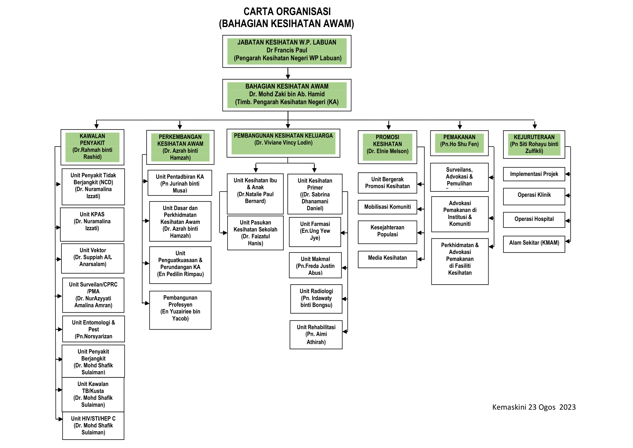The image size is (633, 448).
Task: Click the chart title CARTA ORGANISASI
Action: pos(287,12)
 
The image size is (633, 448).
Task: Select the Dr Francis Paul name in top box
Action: pos(287,50)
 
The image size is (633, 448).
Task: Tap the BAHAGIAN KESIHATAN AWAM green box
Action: pos(287,94)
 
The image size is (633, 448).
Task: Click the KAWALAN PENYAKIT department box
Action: pos(92,147)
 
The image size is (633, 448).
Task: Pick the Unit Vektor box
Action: pos(93,258)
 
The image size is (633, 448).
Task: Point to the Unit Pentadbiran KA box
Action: pos(180,183)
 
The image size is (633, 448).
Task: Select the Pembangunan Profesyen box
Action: pos(180,310)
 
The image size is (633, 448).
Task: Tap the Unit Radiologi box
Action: pos(316,298)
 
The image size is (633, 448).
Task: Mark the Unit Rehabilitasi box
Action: pos(316,334)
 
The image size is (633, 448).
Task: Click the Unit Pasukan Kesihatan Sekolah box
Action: pos(255,233)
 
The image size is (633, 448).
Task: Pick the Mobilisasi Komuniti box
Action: pos(387,207)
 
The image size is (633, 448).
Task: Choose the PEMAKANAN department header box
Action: pos(459,143)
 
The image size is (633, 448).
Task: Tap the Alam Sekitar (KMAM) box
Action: pos(534,244)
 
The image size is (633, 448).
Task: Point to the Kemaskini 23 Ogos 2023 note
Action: pos(534,407)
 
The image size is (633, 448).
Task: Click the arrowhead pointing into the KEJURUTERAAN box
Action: pos(534,126)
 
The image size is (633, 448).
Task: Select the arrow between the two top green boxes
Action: pos(288,74)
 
